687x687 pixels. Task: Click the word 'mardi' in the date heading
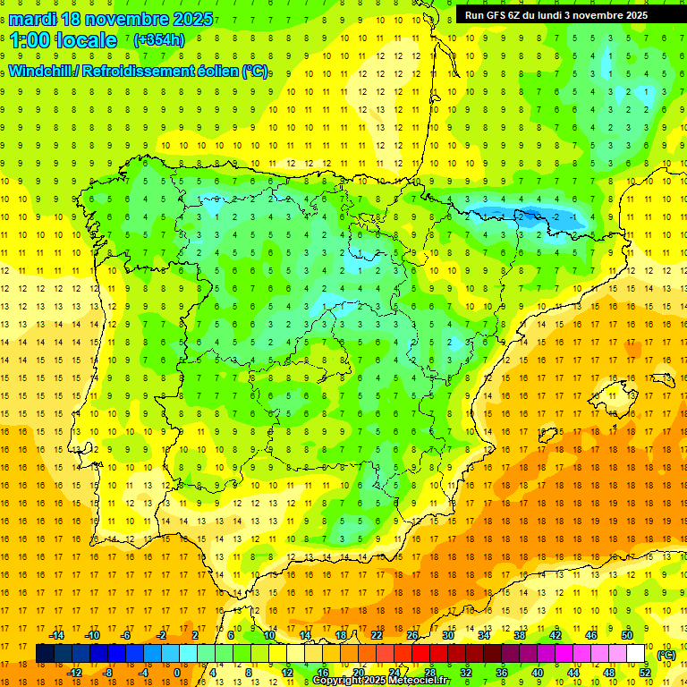[x=35, y=19]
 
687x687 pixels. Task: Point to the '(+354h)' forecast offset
[x=158, y=40]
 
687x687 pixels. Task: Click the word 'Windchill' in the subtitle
[x=44, y=72]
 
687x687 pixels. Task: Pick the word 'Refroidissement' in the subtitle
[x=143, y=72]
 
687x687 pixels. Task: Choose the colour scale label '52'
[x=645, y=672]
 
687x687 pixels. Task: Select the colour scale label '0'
[x=177, y=672]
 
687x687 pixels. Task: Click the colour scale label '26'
[x=412, y=635]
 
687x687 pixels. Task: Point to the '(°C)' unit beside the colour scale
[x=666, y=655]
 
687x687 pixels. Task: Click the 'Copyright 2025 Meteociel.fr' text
[x=382, y=681]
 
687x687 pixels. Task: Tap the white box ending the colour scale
[x=636, y=654]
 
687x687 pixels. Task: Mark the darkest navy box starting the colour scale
[x=45, y=654]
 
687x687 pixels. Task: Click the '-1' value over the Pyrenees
[x=572, y=216]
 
